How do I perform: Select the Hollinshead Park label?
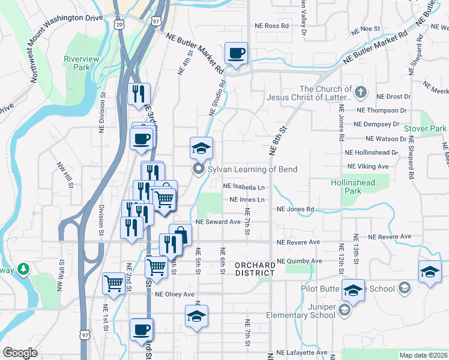tap(346, 186)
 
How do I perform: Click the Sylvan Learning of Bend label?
tap(252, 169)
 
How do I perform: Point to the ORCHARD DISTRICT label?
tap(255, 268)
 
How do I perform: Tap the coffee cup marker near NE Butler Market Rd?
tap(237, 53)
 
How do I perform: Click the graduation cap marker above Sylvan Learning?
tap(202, 147)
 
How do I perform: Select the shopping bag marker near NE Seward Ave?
tap(180, 234)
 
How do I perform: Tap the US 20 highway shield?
tap(119, 24)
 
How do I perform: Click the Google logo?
tap(20, 353)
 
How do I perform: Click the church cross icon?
tap(360, 92)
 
